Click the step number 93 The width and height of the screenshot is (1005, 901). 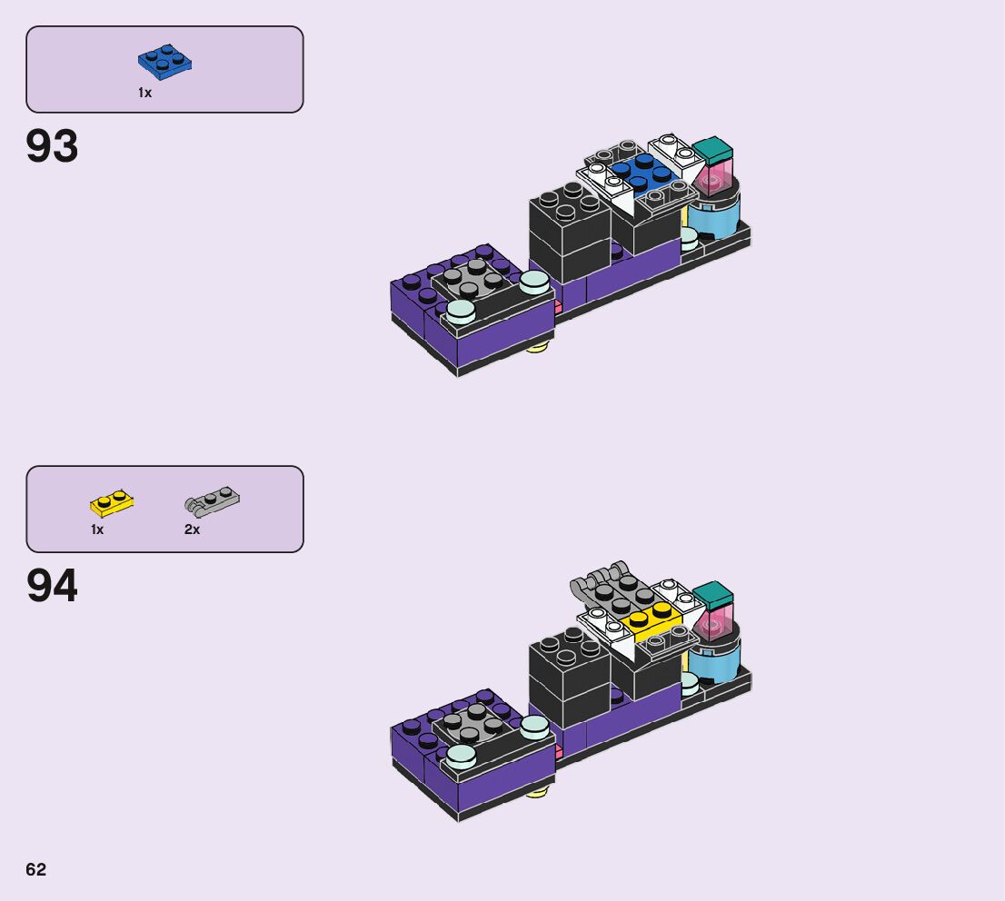[x=53, y=146]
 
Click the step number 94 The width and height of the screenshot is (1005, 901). [x=53, y=587]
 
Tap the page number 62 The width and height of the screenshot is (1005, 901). [x=35, y=869]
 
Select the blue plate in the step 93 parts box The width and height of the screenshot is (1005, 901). [x=164, y=63]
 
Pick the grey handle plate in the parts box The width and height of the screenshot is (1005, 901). [x=213, y=500]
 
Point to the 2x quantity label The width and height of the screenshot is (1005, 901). [x=192, y=530]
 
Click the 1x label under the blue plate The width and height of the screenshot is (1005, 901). [x=145, y=93]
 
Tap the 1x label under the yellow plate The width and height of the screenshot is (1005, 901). [x=97, y=530]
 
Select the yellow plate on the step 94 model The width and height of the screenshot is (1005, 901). [x=651, y=619]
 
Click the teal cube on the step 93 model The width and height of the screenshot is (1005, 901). [x=712, y=150]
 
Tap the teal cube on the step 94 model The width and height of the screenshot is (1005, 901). [x=712, y=596]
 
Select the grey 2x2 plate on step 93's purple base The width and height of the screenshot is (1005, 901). [x=473, y=276]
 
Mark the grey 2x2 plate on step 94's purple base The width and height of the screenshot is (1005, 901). [x=473, y=720]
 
